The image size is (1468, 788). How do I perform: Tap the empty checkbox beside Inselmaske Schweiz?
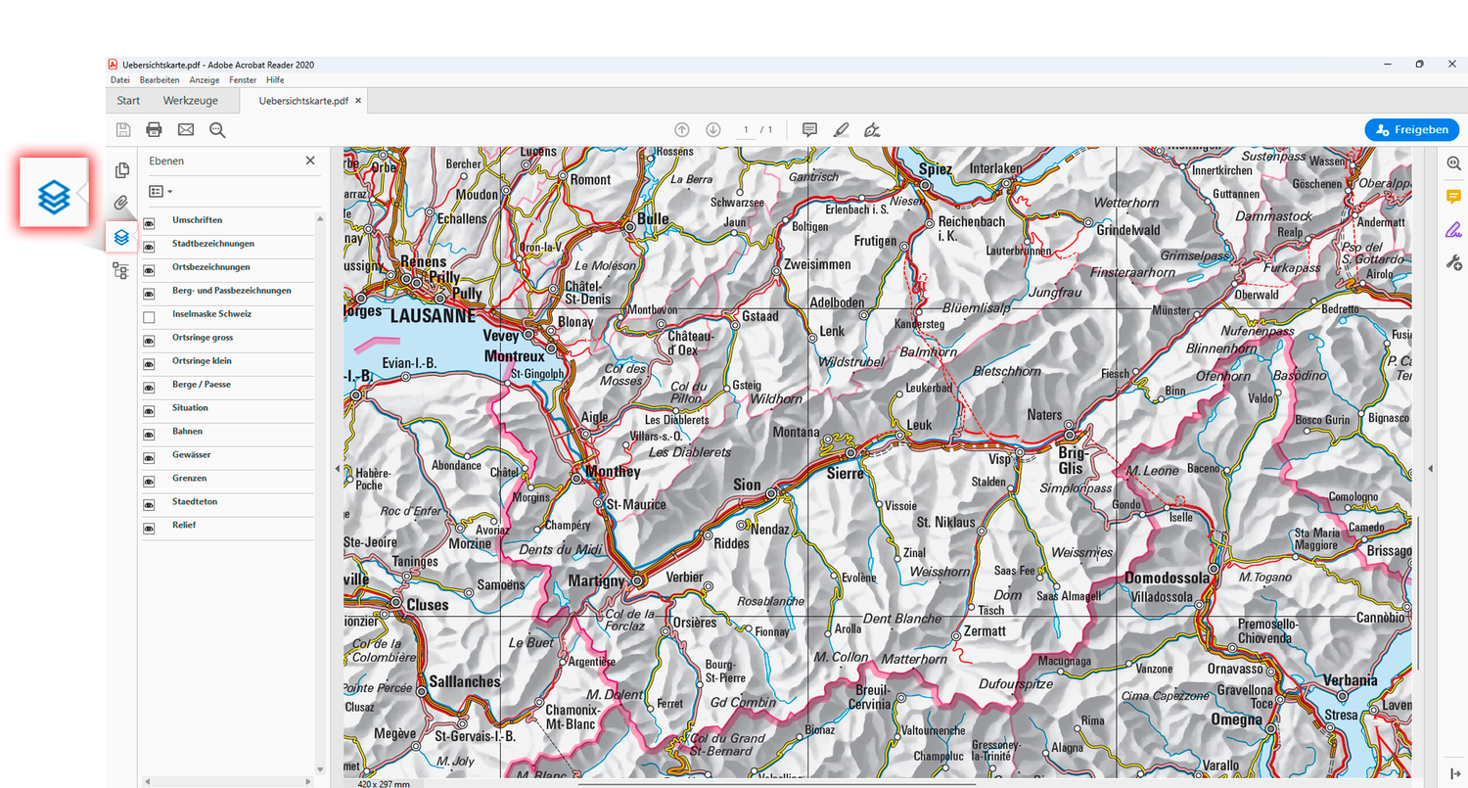pos(149,317)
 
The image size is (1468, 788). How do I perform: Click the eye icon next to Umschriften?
pos(149,223)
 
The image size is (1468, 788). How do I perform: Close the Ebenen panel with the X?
pos(310,161)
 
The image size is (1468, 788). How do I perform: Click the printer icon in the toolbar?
pos(154,129)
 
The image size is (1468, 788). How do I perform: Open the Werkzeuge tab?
pos(190,101)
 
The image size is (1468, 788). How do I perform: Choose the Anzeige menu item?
pos(204,79)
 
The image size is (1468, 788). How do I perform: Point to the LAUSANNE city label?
pos(433,317)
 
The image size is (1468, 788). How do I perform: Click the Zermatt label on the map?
pos(985,631)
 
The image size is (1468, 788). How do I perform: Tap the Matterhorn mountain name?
pos(914,660)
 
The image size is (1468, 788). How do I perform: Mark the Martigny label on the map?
pos(596,581)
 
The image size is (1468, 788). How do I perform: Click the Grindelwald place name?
pos(1127,230)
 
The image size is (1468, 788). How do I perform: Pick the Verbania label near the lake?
pos(1350,680)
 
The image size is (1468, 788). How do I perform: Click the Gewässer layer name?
pos(191,455)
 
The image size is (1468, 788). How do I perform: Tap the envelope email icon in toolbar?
pos(185,129)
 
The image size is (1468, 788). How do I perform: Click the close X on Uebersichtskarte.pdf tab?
pos(358,101)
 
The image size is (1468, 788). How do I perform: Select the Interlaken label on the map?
pos(995,168)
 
